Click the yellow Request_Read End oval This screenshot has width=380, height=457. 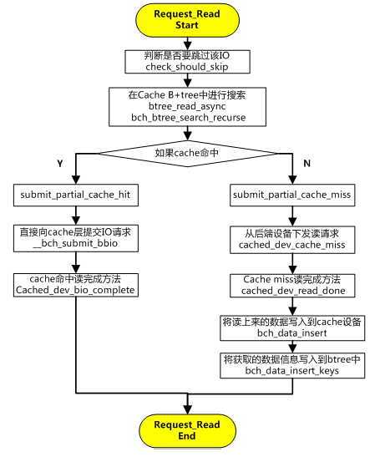(187, 430)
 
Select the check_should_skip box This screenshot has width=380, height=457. (187, 61)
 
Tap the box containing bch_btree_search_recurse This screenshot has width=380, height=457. (188, 106)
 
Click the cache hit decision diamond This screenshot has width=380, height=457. (187, 153)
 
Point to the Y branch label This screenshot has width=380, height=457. (59, 165)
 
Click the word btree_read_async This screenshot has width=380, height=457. (188, 106)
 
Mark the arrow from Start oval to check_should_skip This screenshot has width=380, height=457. (187, 43)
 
